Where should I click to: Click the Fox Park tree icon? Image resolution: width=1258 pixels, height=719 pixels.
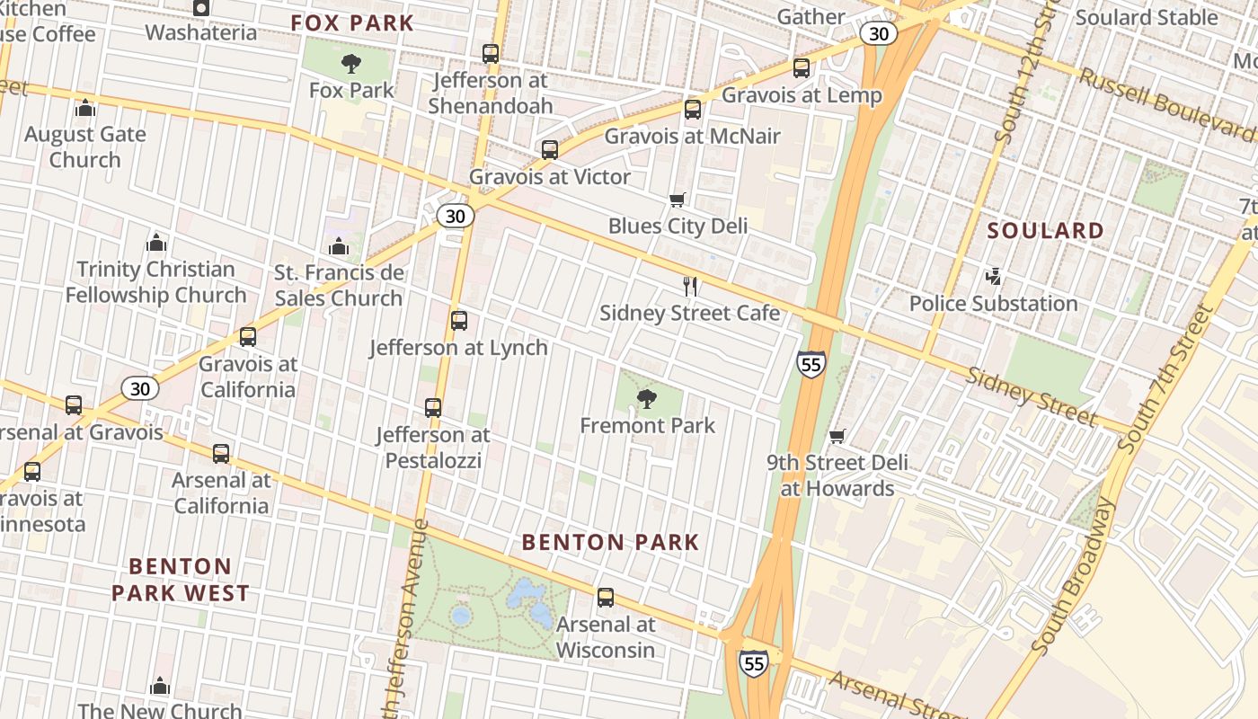350,64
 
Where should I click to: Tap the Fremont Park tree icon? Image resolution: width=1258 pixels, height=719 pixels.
646,399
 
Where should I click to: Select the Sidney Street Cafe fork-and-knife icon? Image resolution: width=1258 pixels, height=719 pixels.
690,287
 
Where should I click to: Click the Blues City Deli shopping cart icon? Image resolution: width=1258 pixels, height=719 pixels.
678,200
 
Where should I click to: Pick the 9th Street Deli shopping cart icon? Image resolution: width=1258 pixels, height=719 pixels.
837,436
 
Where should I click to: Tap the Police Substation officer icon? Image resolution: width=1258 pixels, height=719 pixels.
993,277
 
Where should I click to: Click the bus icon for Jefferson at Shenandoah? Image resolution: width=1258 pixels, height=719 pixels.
490,54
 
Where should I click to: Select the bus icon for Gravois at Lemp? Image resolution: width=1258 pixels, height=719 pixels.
801,68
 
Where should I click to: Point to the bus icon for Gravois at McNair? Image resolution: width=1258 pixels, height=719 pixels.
692,110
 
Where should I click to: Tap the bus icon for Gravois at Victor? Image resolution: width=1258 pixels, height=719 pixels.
549,150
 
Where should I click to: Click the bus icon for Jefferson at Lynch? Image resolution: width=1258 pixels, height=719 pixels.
458,321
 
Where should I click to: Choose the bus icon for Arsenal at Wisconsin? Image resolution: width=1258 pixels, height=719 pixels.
606,598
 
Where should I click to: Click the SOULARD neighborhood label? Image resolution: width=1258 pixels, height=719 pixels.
1045,231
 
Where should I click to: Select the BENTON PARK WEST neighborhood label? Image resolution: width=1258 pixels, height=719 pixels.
180,580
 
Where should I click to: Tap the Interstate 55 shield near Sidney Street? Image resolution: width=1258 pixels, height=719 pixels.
810,364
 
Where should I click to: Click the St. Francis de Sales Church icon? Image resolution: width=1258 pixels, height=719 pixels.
339,246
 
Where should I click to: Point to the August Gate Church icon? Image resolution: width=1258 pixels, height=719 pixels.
85,108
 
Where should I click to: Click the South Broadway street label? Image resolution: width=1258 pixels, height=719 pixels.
1075,575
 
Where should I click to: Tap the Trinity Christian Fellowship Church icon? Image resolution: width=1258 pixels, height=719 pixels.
155,243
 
